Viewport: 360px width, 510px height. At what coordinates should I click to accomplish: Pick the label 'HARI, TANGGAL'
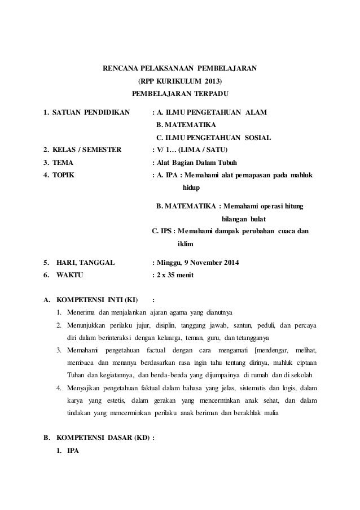pyautogui.click(x=86, y=263)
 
